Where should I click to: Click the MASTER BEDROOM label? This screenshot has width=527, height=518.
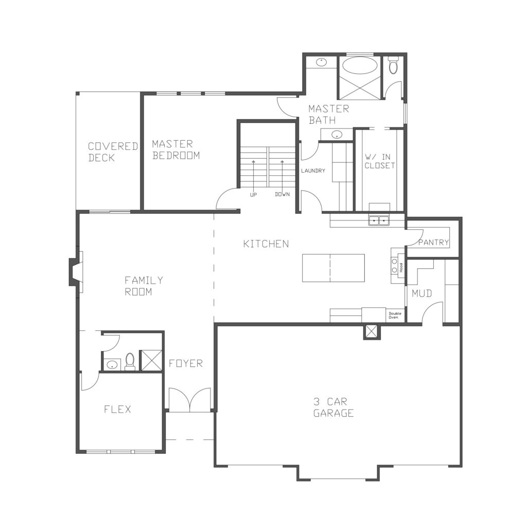(x=176, y=150)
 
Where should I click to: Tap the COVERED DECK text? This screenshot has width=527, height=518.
(x=113, y=152)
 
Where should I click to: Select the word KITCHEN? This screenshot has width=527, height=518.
(x=266, y=244)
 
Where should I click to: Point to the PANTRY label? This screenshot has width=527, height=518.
(x=433, y=242)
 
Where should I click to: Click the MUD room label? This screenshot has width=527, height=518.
(x=422, y=293)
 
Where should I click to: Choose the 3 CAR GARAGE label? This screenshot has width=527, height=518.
(x=333, y=408)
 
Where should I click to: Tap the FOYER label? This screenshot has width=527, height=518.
(x=185, y=363)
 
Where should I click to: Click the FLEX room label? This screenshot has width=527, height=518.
(x=117, y=409)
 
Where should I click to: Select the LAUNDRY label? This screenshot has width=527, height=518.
(x=313, y=171)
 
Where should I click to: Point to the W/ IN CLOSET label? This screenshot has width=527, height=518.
(x=380, y=161)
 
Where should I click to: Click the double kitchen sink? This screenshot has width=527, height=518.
(x=378, y=220)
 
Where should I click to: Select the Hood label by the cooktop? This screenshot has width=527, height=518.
(x=400, y=267)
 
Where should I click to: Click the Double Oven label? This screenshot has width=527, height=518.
(x=395, y=316)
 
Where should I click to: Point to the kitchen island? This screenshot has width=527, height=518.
(x=333, y=268)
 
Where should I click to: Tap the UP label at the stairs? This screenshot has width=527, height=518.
(x=253, y=194)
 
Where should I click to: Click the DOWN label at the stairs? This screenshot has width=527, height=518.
(x=283, y=194)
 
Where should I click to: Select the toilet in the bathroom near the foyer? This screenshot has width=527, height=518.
(x=130, y=362)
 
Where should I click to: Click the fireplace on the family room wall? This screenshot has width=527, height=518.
(x=75, y=272)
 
